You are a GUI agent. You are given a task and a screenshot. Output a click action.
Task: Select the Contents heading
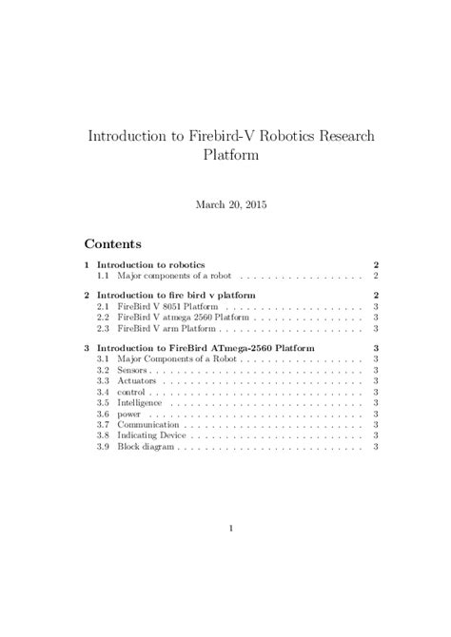tap(113, 243)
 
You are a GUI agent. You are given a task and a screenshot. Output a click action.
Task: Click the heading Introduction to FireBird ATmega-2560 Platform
tap(202, 349)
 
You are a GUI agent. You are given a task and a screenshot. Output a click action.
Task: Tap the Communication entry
tap(148, 425)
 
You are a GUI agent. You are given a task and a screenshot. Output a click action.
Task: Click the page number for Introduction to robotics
tap(378, 264)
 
